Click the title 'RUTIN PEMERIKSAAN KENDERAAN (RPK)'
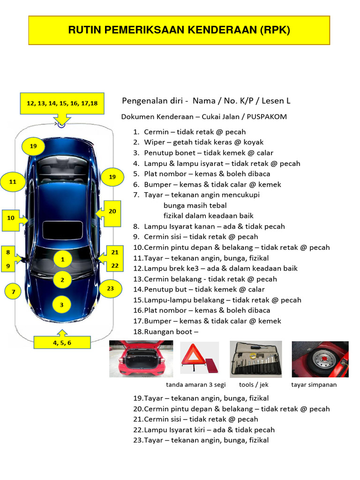point(179,30)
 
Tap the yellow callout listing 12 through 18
point(62,104)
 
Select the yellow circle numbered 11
point(13,181)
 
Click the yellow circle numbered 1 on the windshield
point(62,259)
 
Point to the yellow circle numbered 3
point(61,305)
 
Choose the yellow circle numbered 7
point(14,292)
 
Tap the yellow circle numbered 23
point(110,288)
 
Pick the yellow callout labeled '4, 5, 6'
point(62,342)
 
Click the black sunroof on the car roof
point(61,230)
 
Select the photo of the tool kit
point(255,359)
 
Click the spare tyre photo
point(320,359)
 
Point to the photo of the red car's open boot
point(141,359)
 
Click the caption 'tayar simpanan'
point(314,385)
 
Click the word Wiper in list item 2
point(154,142)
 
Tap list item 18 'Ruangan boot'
point(165,331)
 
